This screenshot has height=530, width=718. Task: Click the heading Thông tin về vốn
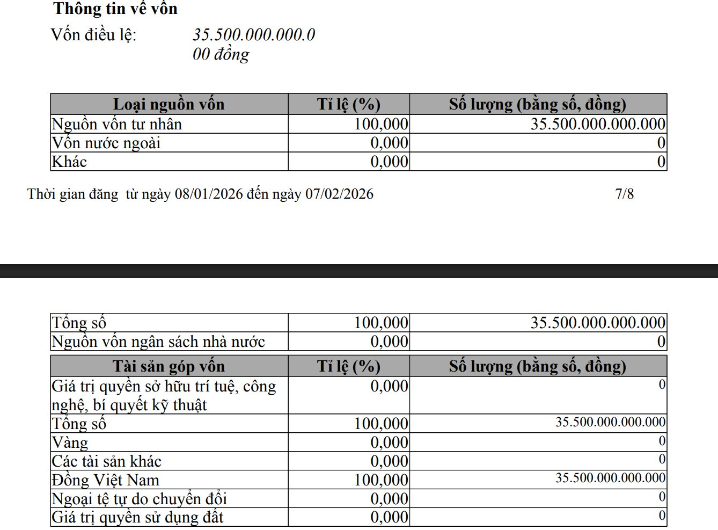point(115,9)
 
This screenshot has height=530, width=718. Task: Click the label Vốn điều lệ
point(94,35)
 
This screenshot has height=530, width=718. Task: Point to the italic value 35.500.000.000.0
point(254,35)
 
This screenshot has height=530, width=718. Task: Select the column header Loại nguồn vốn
point(169,104)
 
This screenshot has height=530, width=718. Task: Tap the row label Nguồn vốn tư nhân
point(117,124)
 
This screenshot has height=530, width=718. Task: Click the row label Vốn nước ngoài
point(106,143)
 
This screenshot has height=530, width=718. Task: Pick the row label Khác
point(69,162)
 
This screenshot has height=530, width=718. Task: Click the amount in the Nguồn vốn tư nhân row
point(598,124)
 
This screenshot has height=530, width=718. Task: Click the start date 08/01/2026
point(209,194)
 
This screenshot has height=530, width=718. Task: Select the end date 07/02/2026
point(339,194)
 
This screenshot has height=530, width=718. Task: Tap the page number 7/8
point(624,194)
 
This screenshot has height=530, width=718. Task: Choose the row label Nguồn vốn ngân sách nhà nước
point(158,342)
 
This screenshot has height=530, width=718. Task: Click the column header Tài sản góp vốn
point(169,366)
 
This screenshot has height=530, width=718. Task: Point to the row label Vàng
point(70,442)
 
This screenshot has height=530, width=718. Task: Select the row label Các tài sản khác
point(106,461)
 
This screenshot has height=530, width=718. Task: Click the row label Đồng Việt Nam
point(106,480)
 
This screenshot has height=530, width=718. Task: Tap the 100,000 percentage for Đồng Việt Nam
point(381,480)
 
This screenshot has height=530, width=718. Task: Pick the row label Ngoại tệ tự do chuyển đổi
point(140,499)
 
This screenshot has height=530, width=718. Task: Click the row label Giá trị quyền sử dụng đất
point(137,517)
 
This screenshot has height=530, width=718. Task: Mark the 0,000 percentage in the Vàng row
point(389,442)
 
